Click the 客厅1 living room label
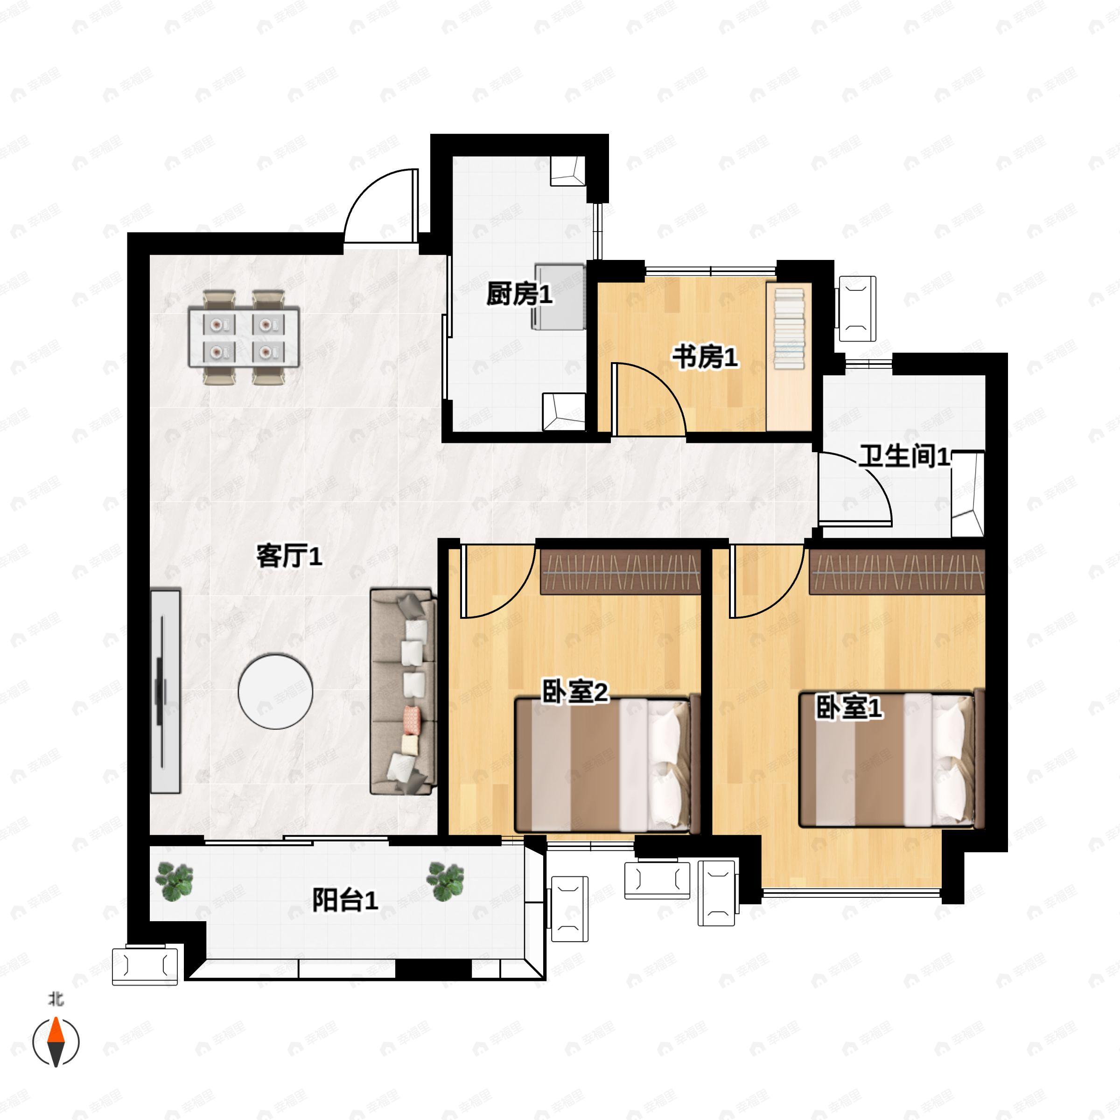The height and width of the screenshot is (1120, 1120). [x=289, y=557]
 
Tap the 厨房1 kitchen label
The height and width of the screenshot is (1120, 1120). [x=519, y=294]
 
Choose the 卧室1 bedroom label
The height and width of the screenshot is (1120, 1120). [x=849, y=707]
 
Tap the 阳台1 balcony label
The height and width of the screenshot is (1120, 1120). [x=345, y=900]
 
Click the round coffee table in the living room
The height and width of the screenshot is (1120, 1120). [x=275, y=691]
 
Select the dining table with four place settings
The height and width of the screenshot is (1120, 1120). [x=244, y=337]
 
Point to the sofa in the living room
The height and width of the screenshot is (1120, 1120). [x=403, y=691]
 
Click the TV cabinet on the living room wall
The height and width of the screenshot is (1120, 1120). [x=166, y=691]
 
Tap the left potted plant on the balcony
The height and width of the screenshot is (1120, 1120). [x=174, y=882]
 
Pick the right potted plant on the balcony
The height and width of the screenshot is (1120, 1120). [x=445, y=882]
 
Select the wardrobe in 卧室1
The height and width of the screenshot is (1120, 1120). [x=897, y=572]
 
